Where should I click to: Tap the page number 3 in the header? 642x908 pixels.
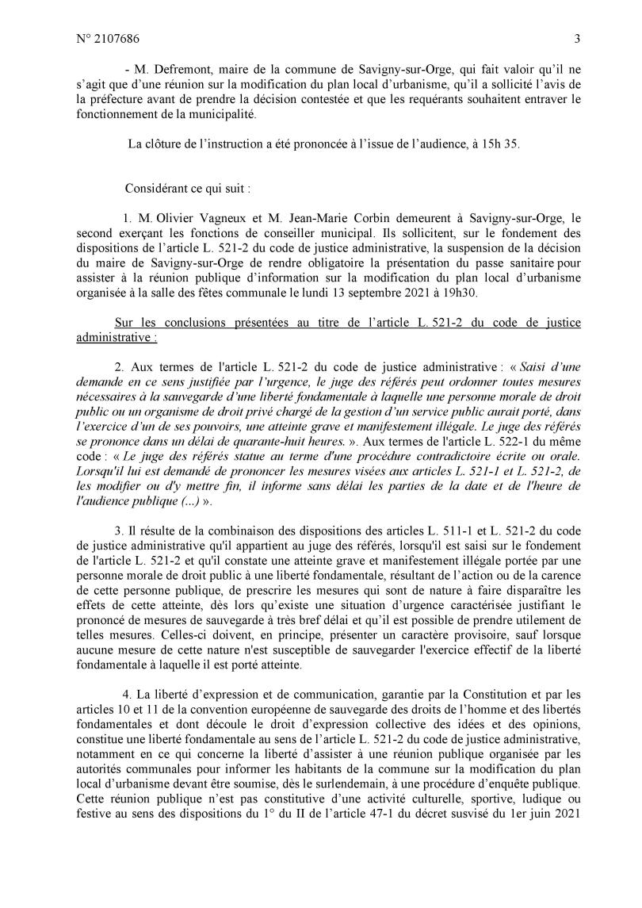[577, 37]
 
